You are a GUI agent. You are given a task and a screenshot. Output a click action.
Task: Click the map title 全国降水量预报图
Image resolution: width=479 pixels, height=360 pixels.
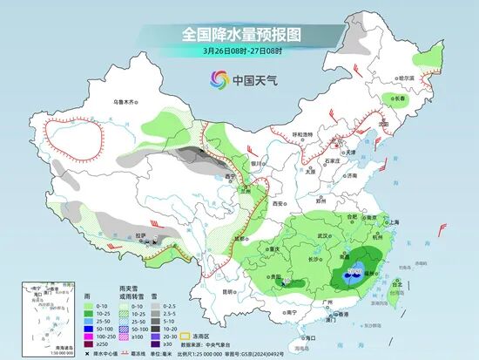(240, 34)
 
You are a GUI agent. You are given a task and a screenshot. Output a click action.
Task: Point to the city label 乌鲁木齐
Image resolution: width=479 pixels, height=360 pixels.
(126, 102)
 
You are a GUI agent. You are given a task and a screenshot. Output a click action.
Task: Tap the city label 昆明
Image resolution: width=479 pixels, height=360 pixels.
(228, 291)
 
